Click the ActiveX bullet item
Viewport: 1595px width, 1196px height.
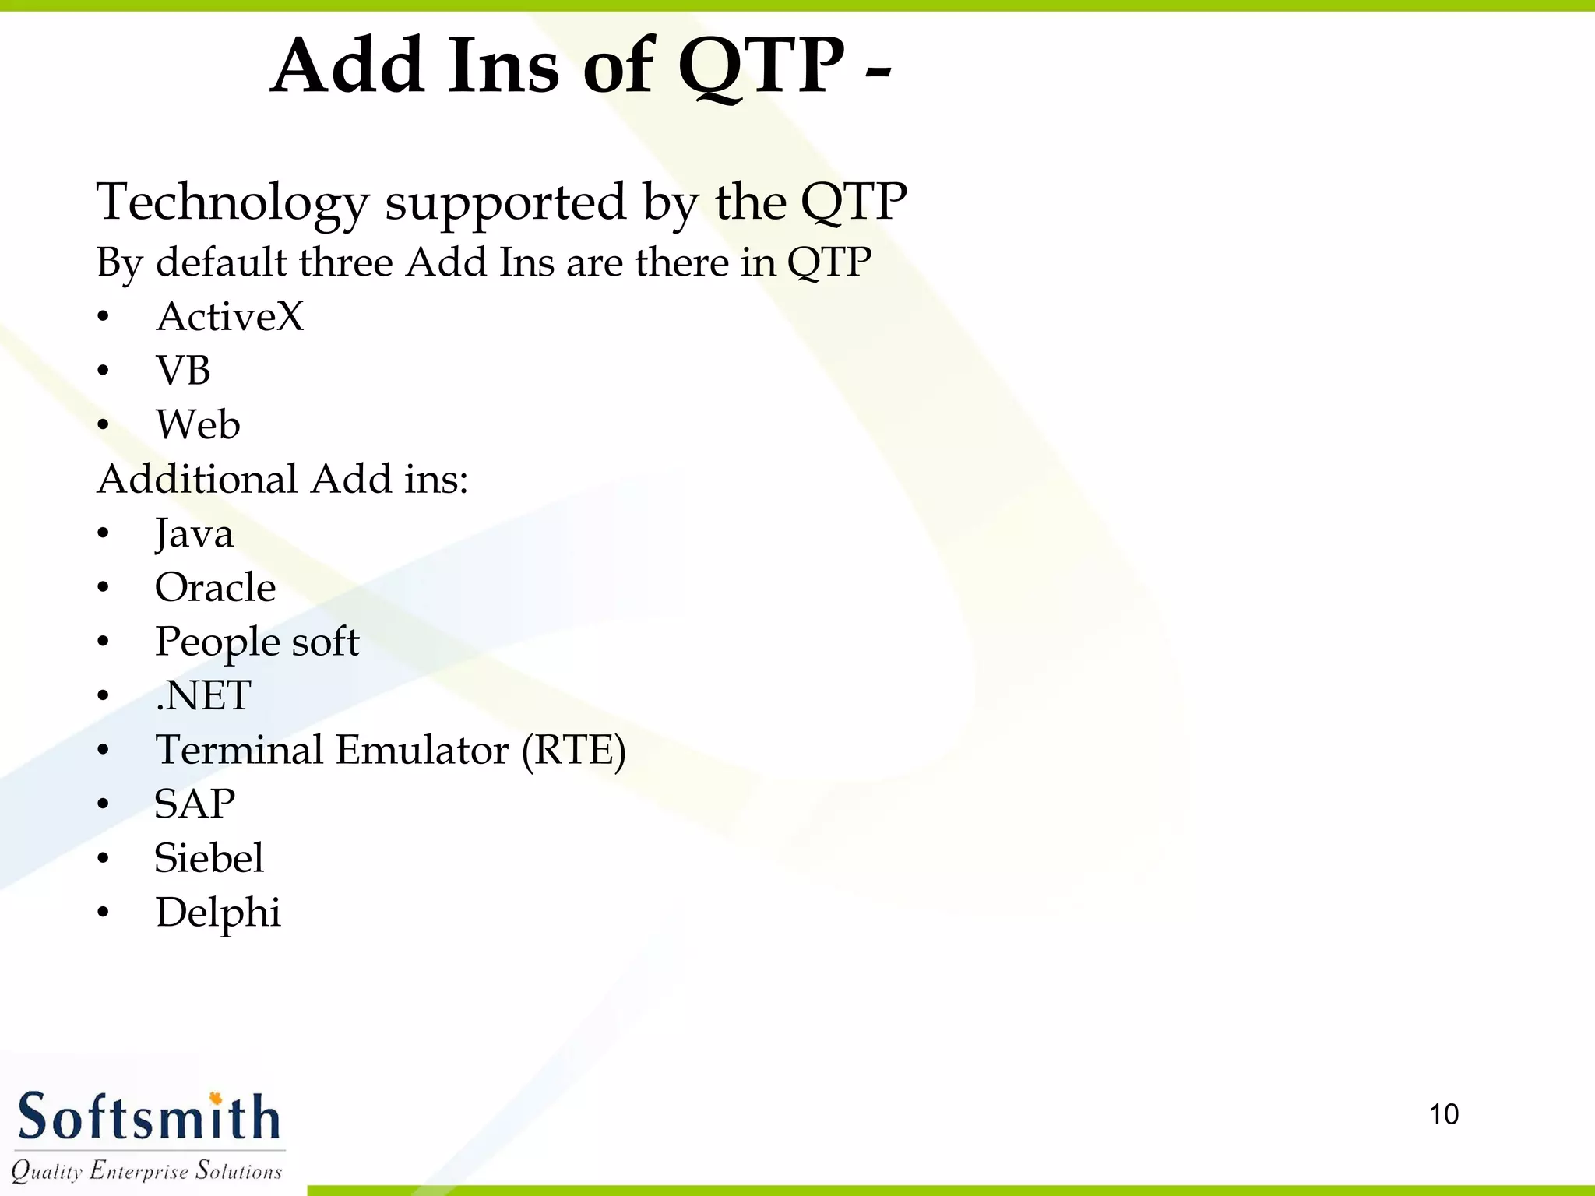coord(230,317)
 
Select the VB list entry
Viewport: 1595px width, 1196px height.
coord(183,371)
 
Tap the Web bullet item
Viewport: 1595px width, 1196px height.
coord(198,425)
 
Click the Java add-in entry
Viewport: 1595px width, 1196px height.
coord(194,534)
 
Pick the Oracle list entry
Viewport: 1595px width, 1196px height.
coord(215,588)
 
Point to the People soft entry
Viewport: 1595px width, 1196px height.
coord(257,642)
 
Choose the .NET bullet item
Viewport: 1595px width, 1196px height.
coord(203,696)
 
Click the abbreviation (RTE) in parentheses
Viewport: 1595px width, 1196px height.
coord(573,751)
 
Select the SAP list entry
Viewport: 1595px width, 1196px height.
coord(195,804)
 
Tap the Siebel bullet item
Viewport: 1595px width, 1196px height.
coord(209,858)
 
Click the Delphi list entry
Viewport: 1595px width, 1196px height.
coord(217,913)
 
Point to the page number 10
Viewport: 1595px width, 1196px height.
coord(1443,1114)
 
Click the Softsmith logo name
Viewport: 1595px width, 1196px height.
coord(148,1117)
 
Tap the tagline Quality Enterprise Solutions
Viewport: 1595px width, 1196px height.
coord(146,1171)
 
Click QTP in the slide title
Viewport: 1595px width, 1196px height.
coord(761,67)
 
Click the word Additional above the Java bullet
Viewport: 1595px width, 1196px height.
coord(197,479)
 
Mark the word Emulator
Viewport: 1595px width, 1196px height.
coord(422,751)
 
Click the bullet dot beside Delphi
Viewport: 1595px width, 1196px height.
coord(104,913)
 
